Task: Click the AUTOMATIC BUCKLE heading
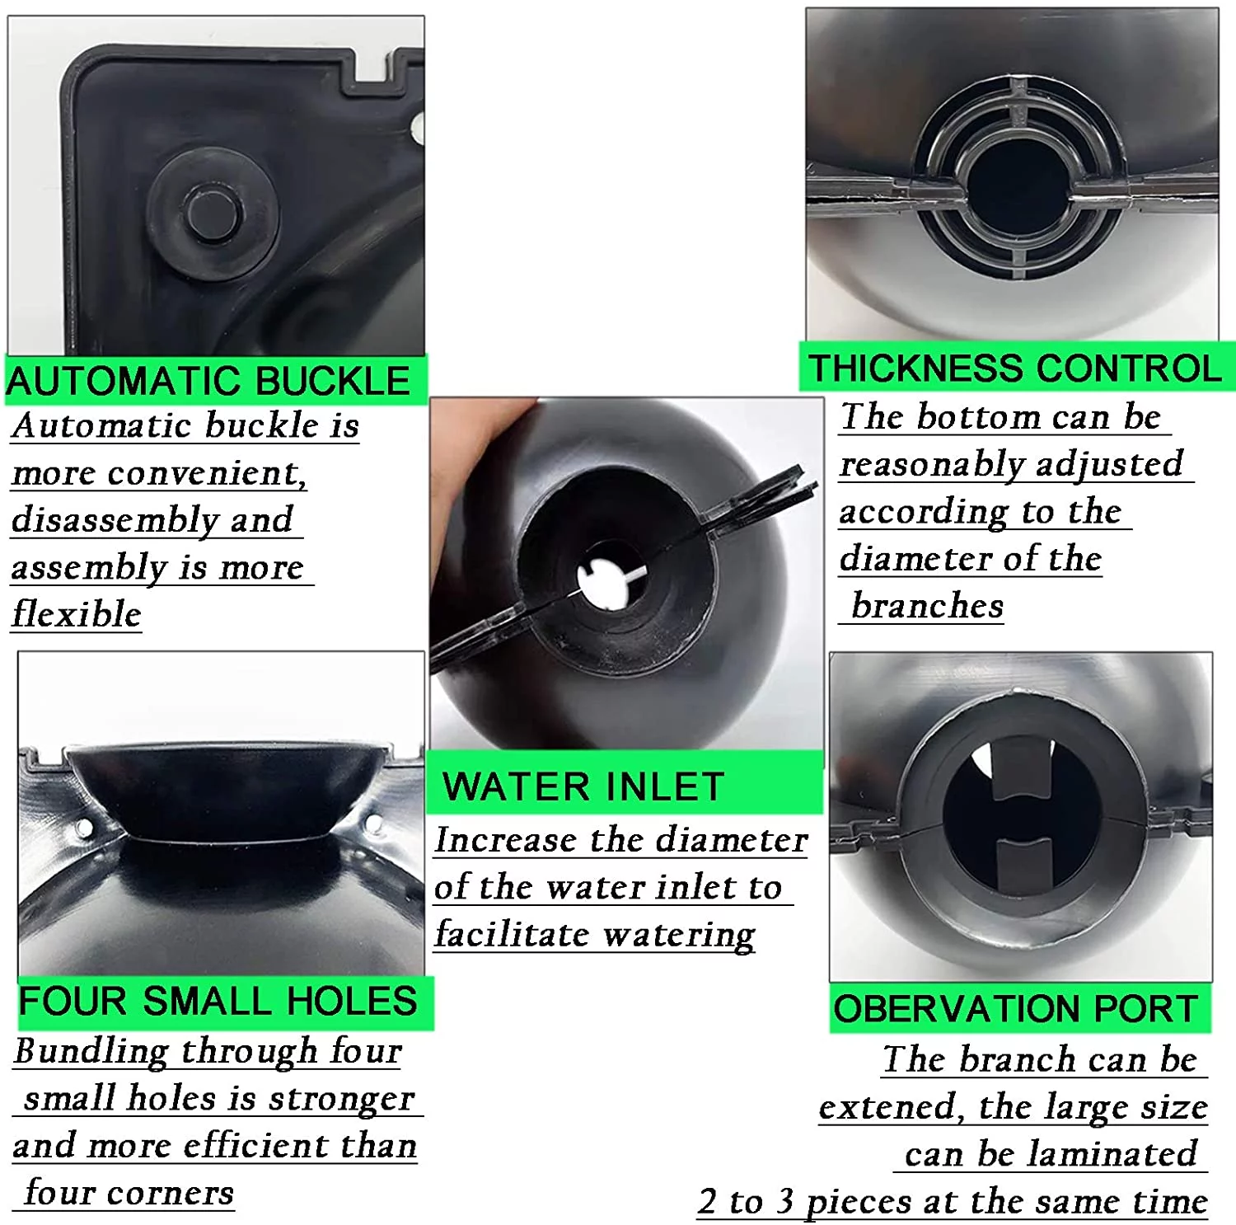pos(208,381)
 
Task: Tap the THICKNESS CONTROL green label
pos(1015,368)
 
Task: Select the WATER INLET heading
pos(583,786)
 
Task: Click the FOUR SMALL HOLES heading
pos(218,1001)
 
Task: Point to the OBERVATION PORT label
pos(1015,1008)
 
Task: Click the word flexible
pos(77,614)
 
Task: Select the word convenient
pos(206,473)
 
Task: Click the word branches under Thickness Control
pos(928,606)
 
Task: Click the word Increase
pos(506,840)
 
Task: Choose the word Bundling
pos(91,1053)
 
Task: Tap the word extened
pos(891,1107)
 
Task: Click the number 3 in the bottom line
pos(784,1201)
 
